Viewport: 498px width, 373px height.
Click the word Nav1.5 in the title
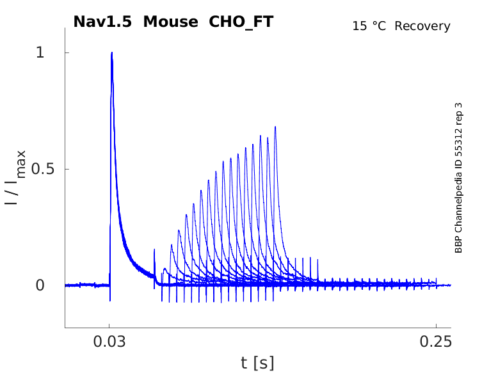coord(103,22)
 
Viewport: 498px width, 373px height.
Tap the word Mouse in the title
coord(171,22)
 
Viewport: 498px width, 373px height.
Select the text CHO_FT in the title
coord(241,22)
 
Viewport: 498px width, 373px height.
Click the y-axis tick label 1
coord(40,52)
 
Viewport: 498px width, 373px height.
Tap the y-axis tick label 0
coord(40,285)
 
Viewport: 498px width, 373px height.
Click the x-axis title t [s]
coord(257,363)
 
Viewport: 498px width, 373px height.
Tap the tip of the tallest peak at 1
coord(111,53)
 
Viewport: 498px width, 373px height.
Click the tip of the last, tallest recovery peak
coord(275,127)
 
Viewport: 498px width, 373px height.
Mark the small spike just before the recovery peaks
coord(154,250)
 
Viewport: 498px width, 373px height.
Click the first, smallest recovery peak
coord(165,269)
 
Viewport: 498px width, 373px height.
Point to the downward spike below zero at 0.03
coord(110,299)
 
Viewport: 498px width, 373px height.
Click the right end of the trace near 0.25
coord(450,285)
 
